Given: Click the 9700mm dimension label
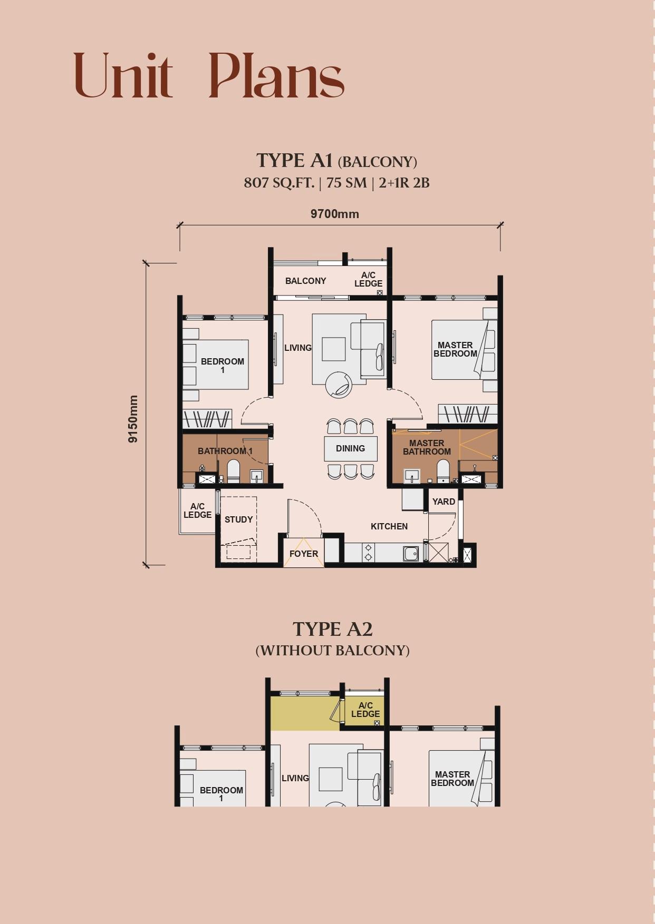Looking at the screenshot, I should (x=334, y=214).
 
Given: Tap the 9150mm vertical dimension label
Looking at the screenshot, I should (x=133, y=419).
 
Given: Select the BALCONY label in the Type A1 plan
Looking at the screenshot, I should (x=305, y=281).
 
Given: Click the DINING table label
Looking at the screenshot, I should (x=350, y=448).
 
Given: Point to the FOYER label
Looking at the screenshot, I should (x=304, y=554).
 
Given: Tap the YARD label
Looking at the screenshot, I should (x=444, y=502).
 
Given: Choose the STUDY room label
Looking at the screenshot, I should (x=238, y=519).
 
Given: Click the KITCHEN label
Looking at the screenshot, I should (x=389, y=526).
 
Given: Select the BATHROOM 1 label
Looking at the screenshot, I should (x=225, y=451).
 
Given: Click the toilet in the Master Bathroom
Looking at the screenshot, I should (x=443, y=471).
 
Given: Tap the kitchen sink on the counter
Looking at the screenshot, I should (x=411, y=554).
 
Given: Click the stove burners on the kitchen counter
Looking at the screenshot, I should (x=368, y=553).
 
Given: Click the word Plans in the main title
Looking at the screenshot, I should (x=276, y=76).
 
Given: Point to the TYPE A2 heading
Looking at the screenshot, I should (x=332, y=629).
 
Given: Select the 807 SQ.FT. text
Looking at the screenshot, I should (x=278, y=183).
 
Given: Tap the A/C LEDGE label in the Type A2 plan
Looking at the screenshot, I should (x=365, y=710).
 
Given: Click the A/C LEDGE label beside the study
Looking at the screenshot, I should (x=197, y=510).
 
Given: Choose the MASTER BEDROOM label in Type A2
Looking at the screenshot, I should (x=452, y=779).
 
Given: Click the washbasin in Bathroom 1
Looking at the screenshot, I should (x=256, y=476).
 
